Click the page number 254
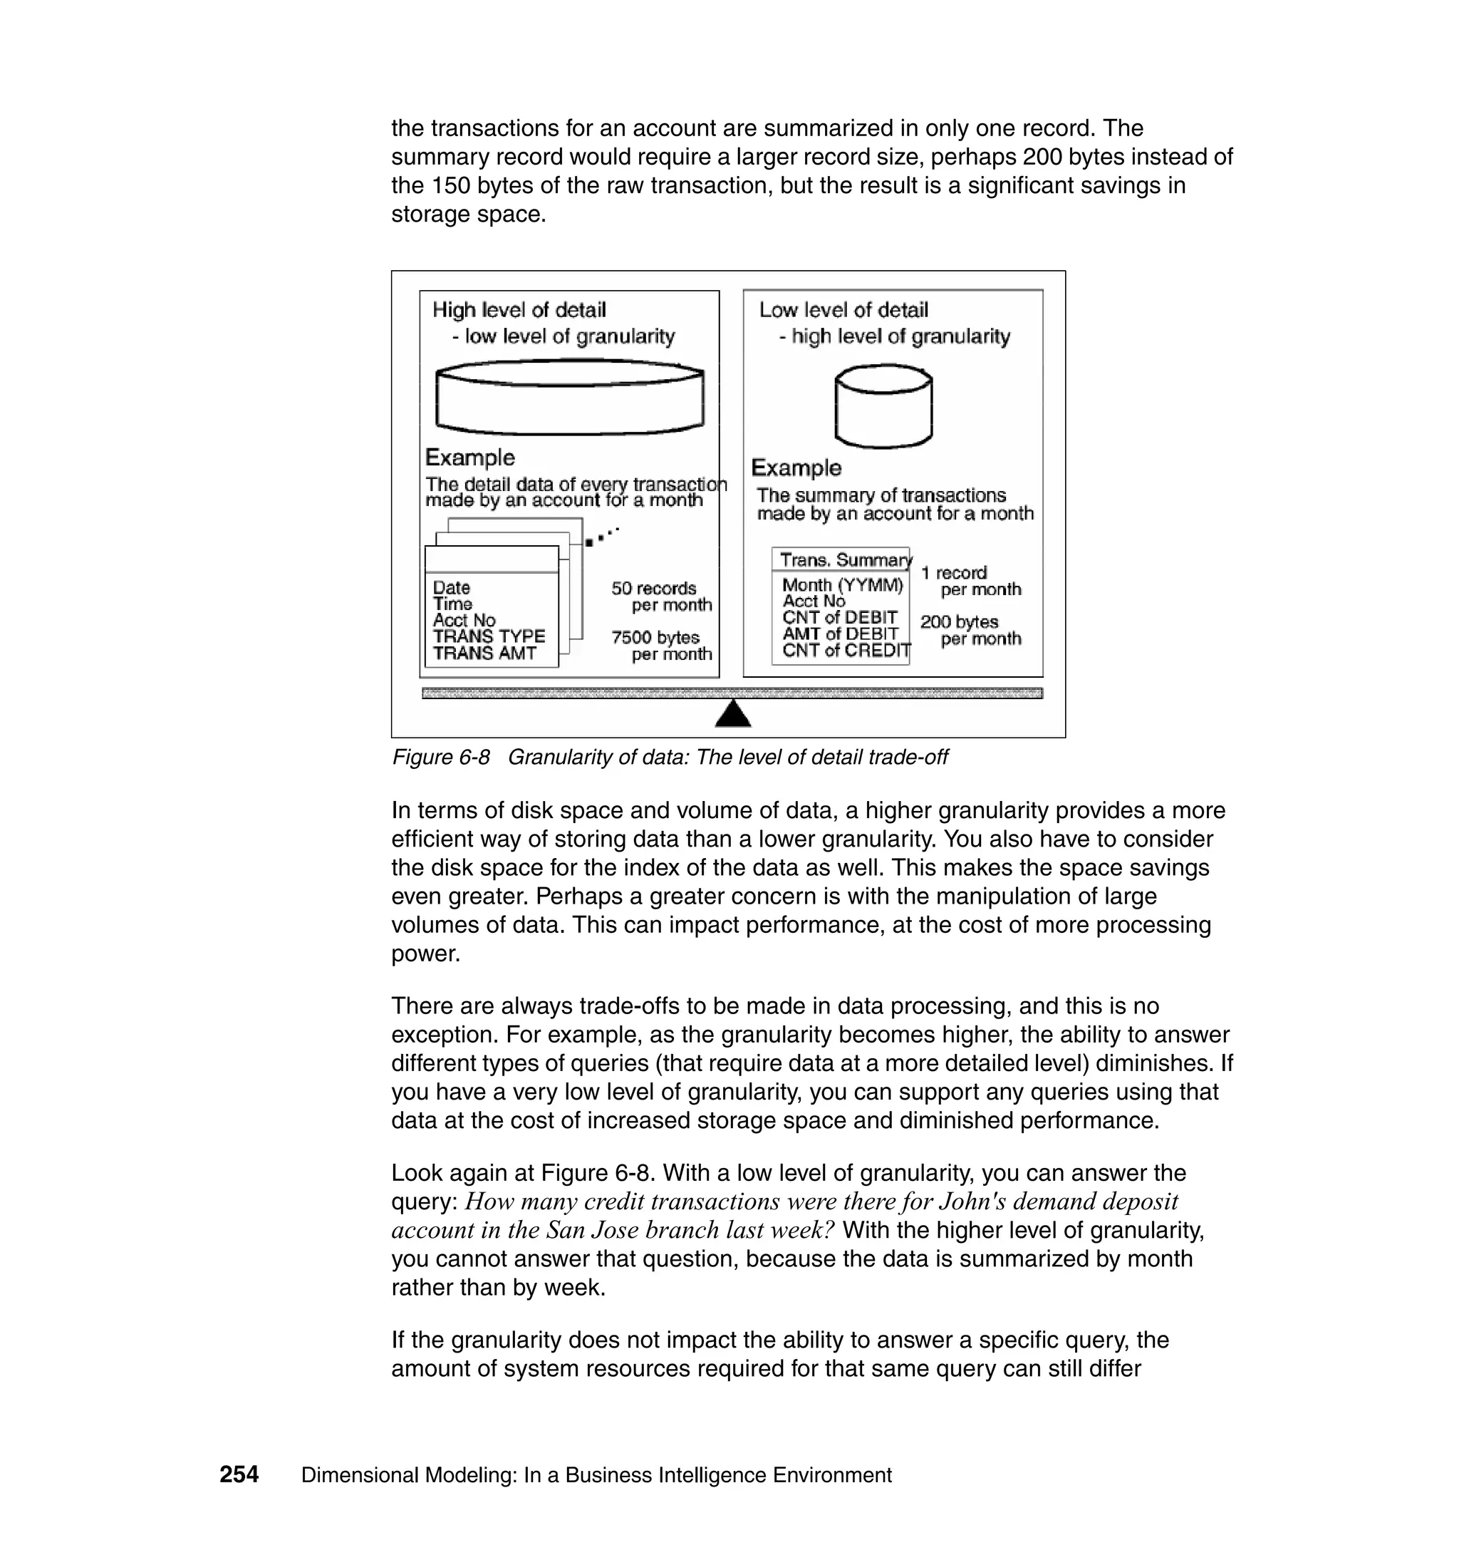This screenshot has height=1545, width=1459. pos(239,1474)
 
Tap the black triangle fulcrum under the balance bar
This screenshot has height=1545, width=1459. pos(732,713)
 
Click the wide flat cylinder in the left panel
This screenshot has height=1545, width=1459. pos(570,397)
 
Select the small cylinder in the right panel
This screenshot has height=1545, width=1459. pos(883,407)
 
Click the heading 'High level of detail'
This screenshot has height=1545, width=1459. pos(519,311)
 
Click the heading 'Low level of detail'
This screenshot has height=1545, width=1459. pos(843,311)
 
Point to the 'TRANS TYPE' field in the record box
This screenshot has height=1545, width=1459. pos(489,636)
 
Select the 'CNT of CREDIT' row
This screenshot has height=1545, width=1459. pos(846,651)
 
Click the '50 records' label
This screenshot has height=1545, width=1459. pos(653,589)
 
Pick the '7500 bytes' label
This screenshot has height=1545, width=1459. pos(655,638)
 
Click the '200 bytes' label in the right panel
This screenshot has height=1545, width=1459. pos(959,622)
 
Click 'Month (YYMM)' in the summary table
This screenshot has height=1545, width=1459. pos(842,585)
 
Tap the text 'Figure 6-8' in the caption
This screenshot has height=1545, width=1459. pos(441,757)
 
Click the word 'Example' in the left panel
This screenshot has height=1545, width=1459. pos(469,458)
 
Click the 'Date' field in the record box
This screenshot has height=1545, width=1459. pos(451,587)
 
